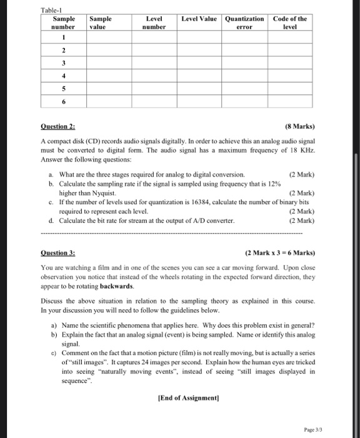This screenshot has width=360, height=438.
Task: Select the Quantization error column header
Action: coord(244,23)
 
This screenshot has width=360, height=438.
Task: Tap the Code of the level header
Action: coord(289,23)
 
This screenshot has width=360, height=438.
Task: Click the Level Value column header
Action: coord(199,19)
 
